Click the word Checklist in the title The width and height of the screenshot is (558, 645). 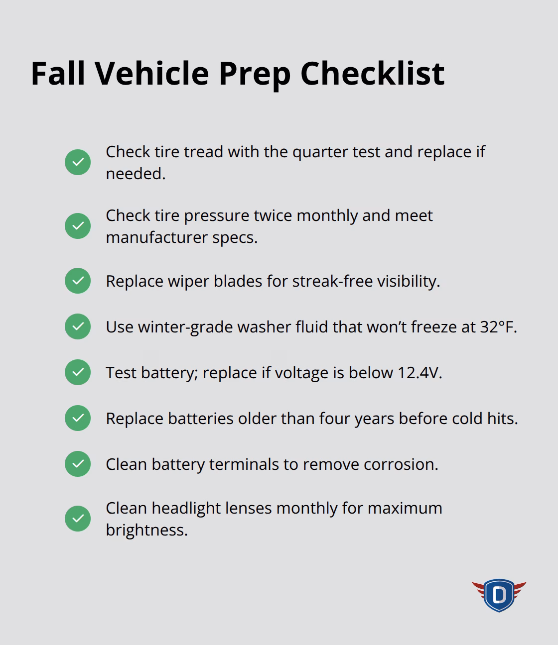[372, 73]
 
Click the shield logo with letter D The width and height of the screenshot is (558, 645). [499, 595]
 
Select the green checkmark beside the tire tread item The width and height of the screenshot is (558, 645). [78, 162]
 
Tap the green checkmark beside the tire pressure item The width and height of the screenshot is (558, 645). [78, 226]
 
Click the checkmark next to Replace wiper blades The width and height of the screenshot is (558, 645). [78, 281]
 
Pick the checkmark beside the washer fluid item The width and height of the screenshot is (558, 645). [78, 326]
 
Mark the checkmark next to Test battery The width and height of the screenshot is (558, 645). [78, 372]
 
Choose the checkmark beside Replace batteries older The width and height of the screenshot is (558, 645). [78, 418]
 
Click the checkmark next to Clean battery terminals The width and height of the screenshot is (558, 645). [78, 464]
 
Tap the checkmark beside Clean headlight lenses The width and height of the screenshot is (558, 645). [78, 519]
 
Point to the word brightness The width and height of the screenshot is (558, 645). [146, 530]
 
